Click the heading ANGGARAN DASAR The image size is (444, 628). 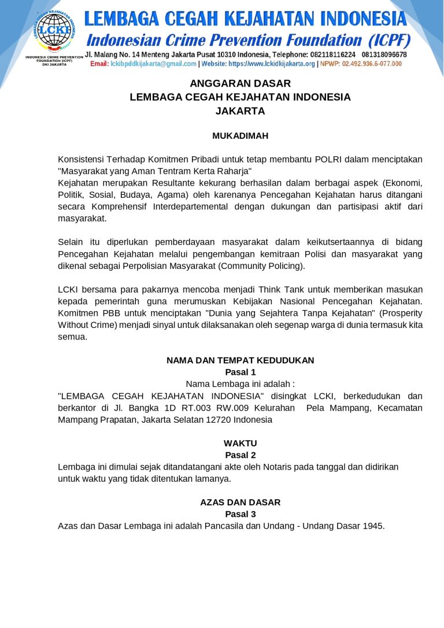coord(240,83)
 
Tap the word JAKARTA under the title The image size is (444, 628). coord(240,110)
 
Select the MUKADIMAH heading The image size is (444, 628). coord(240,136)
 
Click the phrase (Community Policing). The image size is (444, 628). coord(261,266)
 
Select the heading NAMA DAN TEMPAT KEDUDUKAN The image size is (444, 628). coord(240,360)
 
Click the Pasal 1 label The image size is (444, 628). coord(240,372)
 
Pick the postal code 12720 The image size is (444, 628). coord(218,420)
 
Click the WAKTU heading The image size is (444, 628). coord(240,443)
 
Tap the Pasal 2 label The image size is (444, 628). coord(240,455)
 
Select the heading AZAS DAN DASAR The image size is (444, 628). coord(240,502)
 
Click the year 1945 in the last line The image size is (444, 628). coord(372,526)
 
